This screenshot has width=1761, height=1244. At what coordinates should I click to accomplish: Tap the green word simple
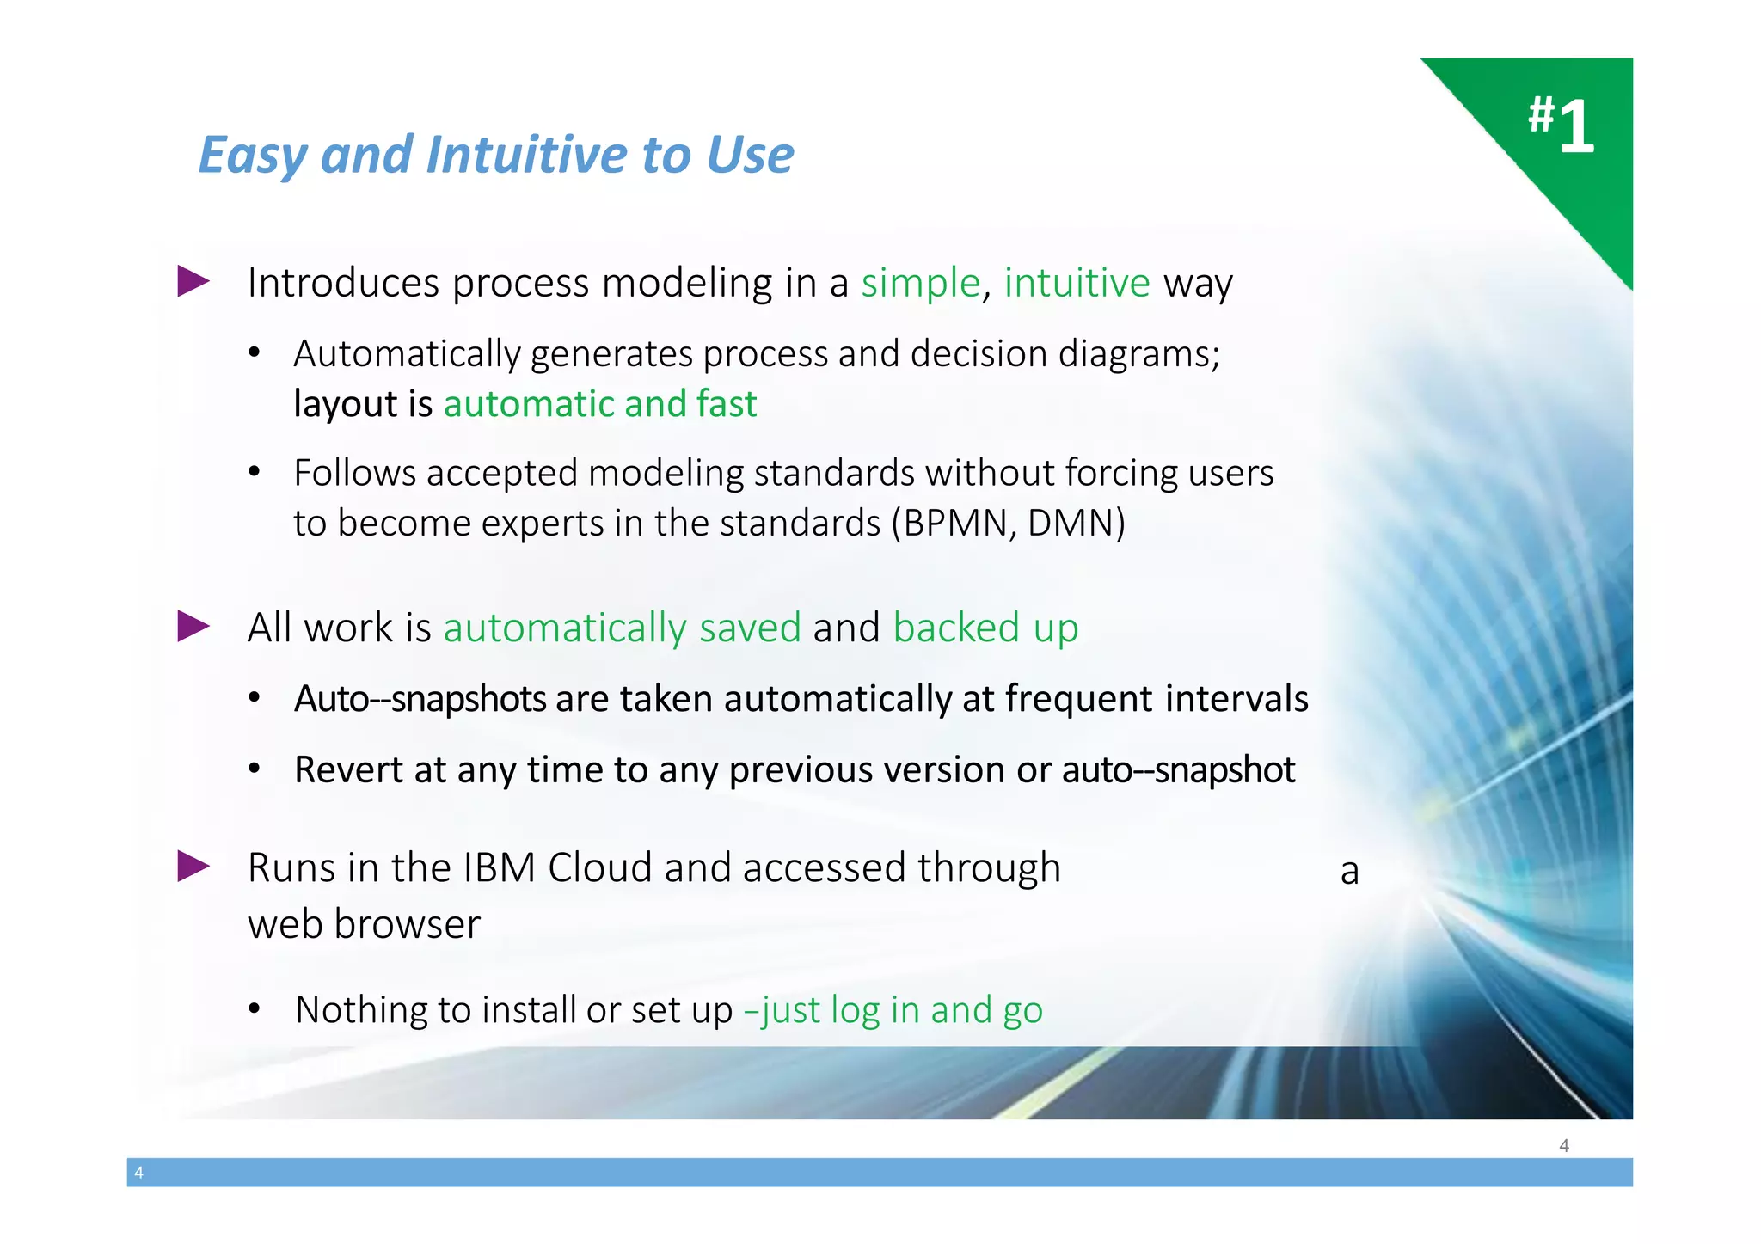pyautogui.click(x=920, y=283)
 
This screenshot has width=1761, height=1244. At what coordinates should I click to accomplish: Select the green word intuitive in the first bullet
pyautogui.click(x=1077, y=283)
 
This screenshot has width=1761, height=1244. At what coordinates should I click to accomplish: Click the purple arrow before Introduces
pyautogui.click(x=193, y=281)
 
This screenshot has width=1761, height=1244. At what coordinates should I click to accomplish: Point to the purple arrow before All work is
pyautogui.click(x=193, y=626)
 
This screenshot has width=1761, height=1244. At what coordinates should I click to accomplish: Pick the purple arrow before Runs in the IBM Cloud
pyautogui.click(x=193, y=866)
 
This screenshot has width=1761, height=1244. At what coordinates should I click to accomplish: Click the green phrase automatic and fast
pyautogui.click(x=599, y=404)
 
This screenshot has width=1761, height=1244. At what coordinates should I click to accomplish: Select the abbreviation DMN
pyautogui.click(x=1071, y=523)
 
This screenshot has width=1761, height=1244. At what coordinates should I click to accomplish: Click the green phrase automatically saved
pyautogui.click(x=622, y=628)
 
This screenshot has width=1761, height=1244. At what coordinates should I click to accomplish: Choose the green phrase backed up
pyautogui.click(x=985, y=628)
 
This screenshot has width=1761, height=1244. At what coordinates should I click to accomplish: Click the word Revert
pyautogui.click(x=348, y=769)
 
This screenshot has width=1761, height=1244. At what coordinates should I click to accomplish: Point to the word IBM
pyautogui.click(x=499, y=867)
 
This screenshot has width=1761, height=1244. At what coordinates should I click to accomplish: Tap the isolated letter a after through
pyautogui.click(x=1349, y=872)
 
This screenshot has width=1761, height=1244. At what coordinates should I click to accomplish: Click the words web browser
pyautogui.click(x=364, y=924)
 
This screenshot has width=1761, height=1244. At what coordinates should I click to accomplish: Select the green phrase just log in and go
pyautogui.click(x=901, y=1010)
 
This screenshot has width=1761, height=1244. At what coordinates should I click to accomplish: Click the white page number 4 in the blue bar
pyautogui.click(x=139, y=1173)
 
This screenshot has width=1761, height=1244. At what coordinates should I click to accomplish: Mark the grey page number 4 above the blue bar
pyautogui.click(x=1563, y=1145)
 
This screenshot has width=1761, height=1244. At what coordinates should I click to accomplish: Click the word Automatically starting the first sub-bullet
pyautogui.click(x=407, y=354)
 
